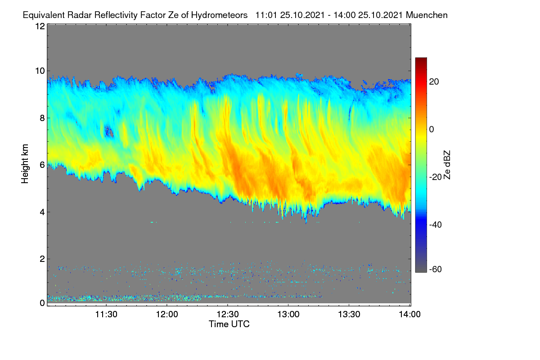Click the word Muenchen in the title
point(427,15)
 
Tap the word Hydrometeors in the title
point(219,15)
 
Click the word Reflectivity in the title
point(116,15)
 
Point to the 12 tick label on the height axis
point(40,26)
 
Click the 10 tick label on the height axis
point(40,71)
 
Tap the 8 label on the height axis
point(42,118)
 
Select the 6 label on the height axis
point(42,165)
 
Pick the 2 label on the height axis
point(42,259)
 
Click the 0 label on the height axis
point(42,303)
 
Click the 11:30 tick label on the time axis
point(106,314)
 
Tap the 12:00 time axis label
point(167,314)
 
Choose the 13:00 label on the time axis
point(288,314)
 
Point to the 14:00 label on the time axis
point(409,314)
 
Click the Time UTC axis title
point(229,324)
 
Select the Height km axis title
point(25,164)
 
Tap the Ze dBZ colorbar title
point(447,165)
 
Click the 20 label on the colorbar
point(434,82)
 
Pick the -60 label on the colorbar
point(436,269)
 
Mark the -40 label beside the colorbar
point(436,225)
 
